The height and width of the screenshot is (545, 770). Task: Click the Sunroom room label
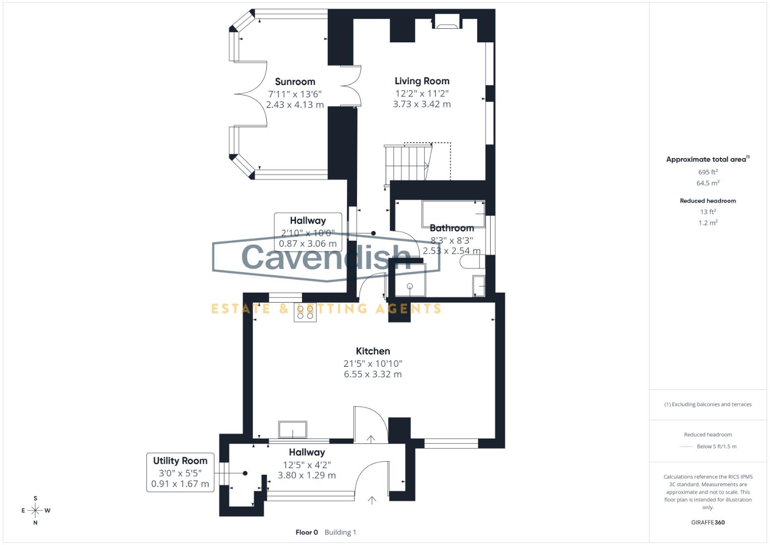295,82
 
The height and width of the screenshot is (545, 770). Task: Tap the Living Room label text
422,81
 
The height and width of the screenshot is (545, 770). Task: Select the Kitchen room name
373,351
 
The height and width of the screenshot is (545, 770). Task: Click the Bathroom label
451,228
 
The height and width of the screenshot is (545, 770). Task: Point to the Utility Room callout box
180,472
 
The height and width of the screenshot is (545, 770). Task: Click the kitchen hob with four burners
305,312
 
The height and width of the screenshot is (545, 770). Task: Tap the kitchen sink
292,430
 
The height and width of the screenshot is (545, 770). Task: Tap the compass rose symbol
35,510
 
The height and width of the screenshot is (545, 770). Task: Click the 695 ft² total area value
707,172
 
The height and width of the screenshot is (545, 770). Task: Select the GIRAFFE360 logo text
707,522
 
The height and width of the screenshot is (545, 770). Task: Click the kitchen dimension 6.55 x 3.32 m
373,374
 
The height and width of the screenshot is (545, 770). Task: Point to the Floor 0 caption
307,532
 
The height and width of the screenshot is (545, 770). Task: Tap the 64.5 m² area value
707,183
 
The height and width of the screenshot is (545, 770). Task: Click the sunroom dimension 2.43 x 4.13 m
295,105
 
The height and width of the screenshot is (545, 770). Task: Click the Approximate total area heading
707,159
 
